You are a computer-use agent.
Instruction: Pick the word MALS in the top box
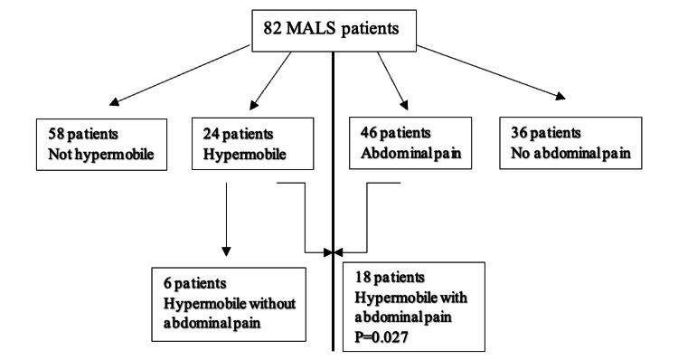pyautogui.click(x=317, y=26)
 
